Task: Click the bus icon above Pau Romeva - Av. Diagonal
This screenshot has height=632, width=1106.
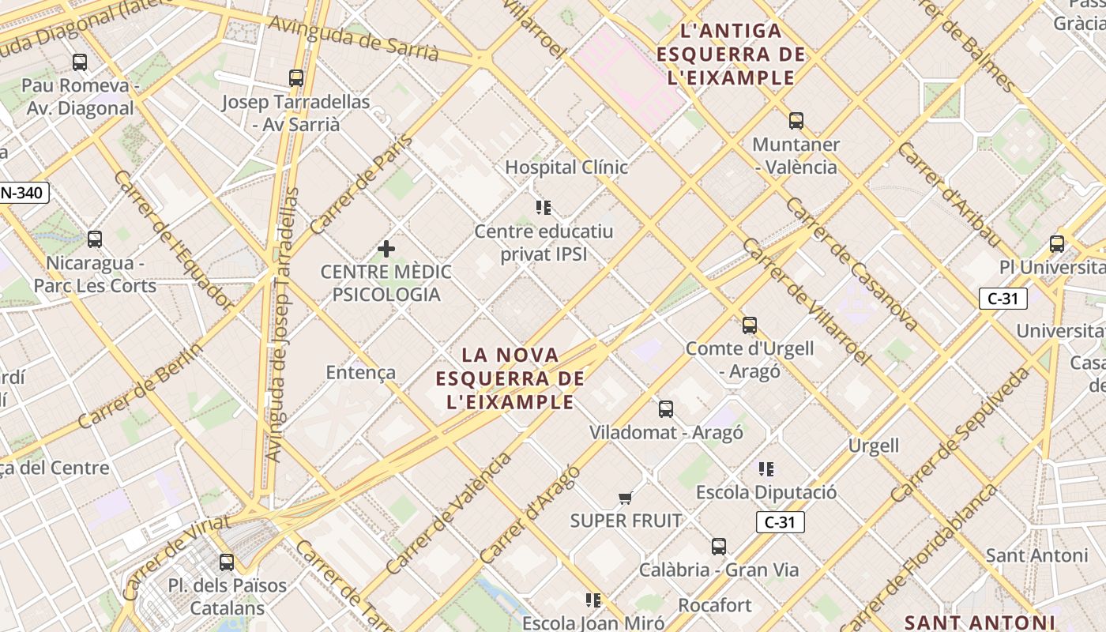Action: pyautogui.click(x=79, y=62)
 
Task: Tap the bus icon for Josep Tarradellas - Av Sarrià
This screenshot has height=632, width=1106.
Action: pyautogui.click(x=296, y=77)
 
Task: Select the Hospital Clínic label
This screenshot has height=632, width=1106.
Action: pyautogui.click(x=566, y=167)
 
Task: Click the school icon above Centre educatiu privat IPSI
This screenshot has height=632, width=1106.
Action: pyautogui.click(x=544, y=208)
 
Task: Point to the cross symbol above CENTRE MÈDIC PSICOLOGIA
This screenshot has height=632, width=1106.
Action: pyautogui.click(x=386, y=249)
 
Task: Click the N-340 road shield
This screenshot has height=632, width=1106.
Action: pyautogui.click(x=24, y=192)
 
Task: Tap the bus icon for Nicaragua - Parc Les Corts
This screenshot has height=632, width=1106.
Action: pyautogui.click(x=95, y=239)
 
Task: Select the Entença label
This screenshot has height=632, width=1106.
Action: pyautogui.click(x=361, y=372)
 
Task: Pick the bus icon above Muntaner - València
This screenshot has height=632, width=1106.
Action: pyautogui.click(x=796, y=121)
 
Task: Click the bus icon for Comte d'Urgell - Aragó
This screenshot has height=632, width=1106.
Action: pyautogui.click(x=750, y=325)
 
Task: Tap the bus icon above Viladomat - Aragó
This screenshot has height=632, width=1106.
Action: pyautogui.click(x=666, y=408)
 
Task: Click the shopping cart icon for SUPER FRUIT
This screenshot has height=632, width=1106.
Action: pyautogui.click(x=626, y=497)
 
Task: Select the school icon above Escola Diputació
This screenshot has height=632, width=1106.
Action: pyautogui.click(x=766, y=469)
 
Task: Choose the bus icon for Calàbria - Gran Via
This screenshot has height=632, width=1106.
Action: pyautogui.click(x=719, y=546)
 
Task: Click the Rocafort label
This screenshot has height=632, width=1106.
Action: pyautogui.click(x=715, y=605)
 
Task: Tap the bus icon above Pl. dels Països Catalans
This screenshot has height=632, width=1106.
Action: pyautogui.click(x=227, y=562)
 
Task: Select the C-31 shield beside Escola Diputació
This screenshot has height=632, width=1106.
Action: pyautogui.click(x=780, y=522)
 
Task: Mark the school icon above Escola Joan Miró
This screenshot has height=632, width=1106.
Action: pyautogui.click(x=593, y=600)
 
